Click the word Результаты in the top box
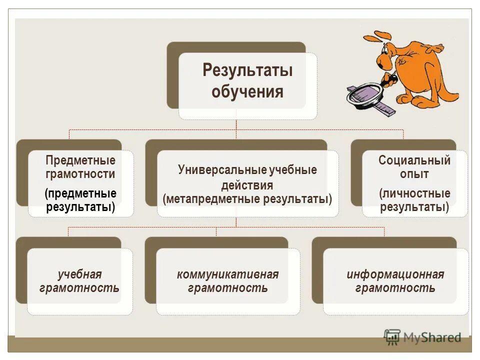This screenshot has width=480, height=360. [x=247, y=70]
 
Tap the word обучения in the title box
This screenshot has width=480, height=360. [x=247, y=92]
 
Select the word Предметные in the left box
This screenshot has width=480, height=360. [x=80, y=160]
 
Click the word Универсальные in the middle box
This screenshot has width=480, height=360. [x=222, y=170]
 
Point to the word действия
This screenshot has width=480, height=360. [x=247, y=185]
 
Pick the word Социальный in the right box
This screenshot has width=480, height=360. [x=414, y=160]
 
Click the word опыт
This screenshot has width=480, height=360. [x=414, y=174]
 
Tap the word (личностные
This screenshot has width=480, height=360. [x=414, y=193]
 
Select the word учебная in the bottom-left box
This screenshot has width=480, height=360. [x=80, y=274]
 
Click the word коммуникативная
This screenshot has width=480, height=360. [x=228, y=274]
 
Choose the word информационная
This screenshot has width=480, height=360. [x=395, y=274]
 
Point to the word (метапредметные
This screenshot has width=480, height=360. [x=211, y=199]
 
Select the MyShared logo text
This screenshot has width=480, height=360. [x=432, y=337]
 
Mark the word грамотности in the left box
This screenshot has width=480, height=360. [x=80, y=174]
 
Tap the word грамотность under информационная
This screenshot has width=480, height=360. [x=395, y=288]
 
